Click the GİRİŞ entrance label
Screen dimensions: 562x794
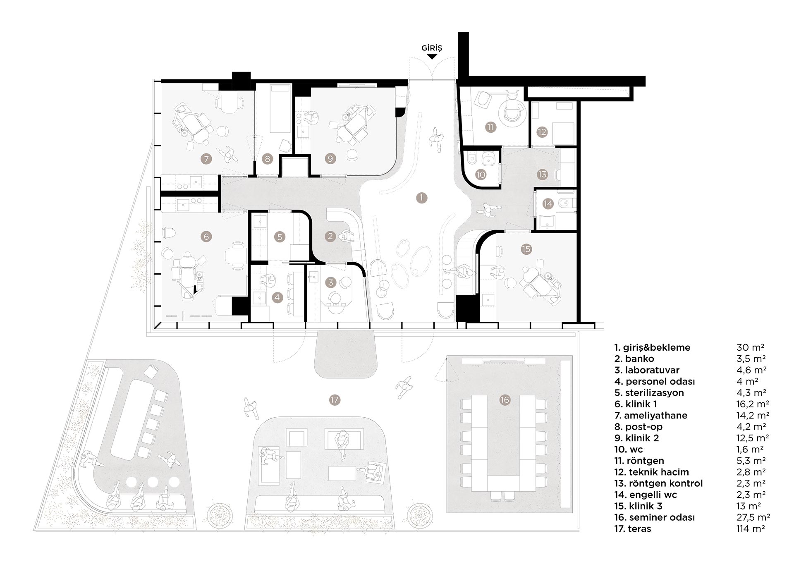coord(431,48)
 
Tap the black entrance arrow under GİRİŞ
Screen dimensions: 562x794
coord(431,57)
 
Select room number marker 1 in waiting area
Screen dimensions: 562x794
coord(421,198)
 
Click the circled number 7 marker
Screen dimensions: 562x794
coord(206,158)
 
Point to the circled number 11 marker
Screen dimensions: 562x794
coord(490,127)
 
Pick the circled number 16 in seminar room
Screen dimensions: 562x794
coord(505,400)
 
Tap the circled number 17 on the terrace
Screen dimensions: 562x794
coord(335,400)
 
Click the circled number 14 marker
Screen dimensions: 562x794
coord(548,203)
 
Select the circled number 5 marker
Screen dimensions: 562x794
coord(280,237)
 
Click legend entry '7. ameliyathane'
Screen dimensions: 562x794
coord(651,416)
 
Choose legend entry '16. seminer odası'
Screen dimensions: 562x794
coord(654,517)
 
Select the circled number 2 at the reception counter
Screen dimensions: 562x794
coord(330,237)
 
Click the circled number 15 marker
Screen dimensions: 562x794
coord(526,249)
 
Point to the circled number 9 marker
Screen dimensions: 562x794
coord(330,158)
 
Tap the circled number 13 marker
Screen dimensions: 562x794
coord(542,175)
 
